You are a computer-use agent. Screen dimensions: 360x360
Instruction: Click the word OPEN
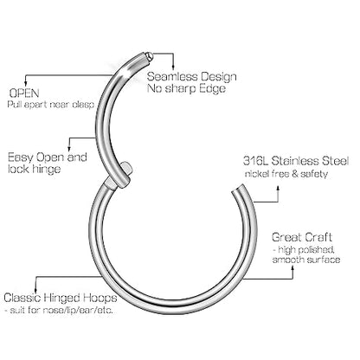tap(24, 93)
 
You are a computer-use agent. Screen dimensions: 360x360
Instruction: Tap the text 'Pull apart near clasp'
tap(51, 105)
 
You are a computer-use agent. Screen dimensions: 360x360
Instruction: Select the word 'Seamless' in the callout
tap(172, 77)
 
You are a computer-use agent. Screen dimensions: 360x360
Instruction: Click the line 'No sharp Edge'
tap(186, 88)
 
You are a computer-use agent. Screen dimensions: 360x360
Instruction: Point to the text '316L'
tap(255, 161)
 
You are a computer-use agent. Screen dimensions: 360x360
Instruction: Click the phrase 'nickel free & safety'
tap(286, 174)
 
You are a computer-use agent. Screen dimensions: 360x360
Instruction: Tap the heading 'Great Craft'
tap(302, 237)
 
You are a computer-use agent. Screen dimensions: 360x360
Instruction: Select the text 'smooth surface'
tap(306, 260)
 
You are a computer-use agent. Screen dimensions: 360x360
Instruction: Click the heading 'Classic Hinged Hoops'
tap(61, 298)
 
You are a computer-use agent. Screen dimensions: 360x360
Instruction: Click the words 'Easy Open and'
tap(48, 157)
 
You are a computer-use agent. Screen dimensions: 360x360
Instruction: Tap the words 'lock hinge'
tap(34, 169)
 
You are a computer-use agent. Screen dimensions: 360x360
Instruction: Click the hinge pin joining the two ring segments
tap(126, 167)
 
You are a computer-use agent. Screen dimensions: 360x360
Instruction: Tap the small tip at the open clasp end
tap(149, 55)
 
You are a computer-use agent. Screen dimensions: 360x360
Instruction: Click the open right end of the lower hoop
tap(239, 189)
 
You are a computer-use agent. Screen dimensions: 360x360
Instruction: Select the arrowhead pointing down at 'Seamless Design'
tap(174, 68)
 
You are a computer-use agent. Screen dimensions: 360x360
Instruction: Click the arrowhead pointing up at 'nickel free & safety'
tap(279, 188)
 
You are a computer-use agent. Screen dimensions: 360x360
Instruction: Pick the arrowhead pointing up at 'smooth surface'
tap(292, 267)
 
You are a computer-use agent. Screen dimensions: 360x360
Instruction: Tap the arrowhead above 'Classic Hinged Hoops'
tap(35, 290)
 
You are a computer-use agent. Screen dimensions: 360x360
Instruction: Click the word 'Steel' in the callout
tap(336, 161)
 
